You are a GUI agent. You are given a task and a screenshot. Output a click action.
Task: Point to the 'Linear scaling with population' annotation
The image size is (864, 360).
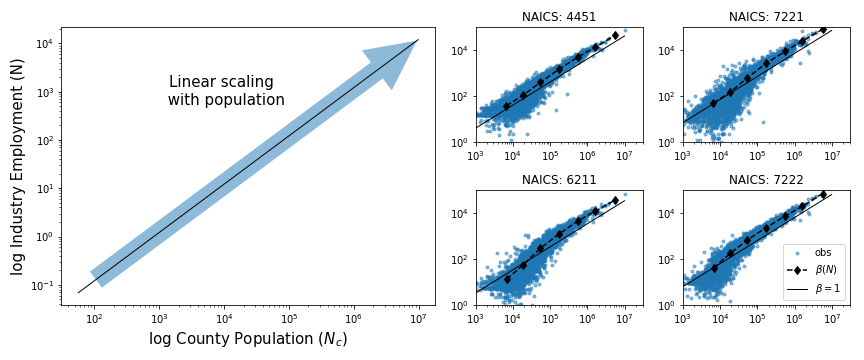pyautogui.click(x=226, y=91)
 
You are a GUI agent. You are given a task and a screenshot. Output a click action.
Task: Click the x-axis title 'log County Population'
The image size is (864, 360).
pyautogui.click(x=248, y=339)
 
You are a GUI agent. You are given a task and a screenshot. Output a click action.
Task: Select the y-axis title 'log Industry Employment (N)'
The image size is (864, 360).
pyautogui.click(x=17, y=166)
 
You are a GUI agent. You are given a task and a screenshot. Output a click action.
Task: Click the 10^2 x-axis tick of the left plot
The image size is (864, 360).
pyautogui.click(x=94, y=318)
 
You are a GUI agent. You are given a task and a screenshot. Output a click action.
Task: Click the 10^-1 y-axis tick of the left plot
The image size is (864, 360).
pyautogui.click(x=42, y=285)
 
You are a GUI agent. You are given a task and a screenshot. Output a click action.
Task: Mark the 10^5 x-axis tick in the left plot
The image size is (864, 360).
pyautogui.click(x=289, y=318)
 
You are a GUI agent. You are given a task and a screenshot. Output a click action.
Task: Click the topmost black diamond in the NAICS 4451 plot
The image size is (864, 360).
pyautogui.click(x=615, y=35)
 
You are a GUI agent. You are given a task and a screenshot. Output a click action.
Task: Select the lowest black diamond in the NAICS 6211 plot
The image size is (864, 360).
pyautogui.click(x=507, y=279)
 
